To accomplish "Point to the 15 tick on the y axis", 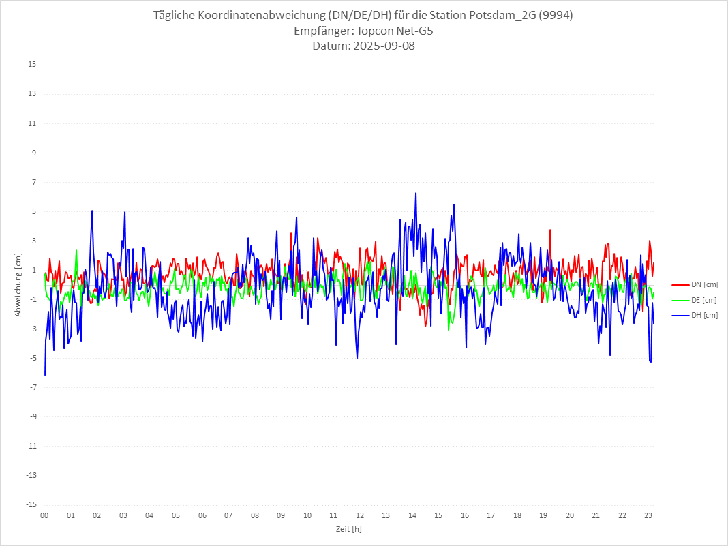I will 32,65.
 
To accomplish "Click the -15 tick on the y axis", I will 31,504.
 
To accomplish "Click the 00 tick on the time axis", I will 44,515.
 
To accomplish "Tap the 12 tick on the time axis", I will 360,515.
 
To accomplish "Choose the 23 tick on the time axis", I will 649,515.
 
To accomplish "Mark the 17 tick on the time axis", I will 491,515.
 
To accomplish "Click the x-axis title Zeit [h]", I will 348,529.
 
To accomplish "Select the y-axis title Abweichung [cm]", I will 18,284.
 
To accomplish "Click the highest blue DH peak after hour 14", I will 416,193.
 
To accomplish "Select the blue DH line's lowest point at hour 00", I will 45,374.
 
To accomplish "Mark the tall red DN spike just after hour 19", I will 550,230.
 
